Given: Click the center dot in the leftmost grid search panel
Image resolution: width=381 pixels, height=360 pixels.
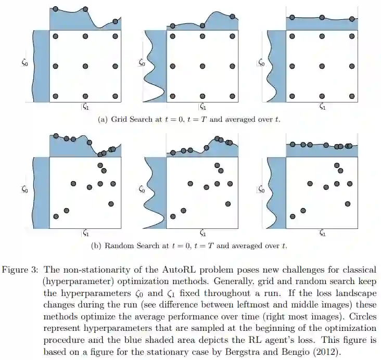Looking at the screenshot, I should pos(85,66).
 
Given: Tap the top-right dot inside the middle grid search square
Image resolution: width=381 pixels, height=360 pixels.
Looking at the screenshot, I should pos(232,36).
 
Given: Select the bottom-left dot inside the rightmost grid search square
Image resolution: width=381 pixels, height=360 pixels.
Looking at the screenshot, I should pos(292,96).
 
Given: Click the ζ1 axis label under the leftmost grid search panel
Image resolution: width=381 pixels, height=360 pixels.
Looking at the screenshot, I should pos(85,107).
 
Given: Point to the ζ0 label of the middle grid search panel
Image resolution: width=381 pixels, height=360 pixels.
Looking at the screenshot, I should pos(142,62).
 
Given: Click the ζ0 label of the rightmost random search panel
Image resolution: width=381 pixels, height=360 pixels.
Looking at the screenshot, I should pos(261,189).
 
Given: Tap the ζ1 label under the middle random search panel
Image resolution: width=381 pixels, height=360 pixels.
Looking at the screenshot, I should pos(203,234).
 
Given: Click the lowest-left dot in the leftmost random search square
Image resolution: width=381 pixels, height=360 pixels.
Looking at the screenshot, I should pos(56,216).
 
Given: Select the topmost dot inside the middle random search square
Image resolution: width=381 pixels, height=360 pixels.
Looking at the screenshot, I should pos(217,165).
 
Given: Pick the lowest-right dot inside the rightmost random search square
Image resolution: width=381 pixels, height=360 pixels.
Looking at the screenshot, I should pos(348,204).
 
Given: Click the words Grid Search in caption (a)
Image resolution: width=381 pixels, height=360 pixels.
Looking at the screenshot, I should pos(130,119).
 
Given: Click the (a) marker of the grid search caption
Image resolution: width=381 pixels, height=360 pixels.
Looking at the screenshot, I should pos(103,119).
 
